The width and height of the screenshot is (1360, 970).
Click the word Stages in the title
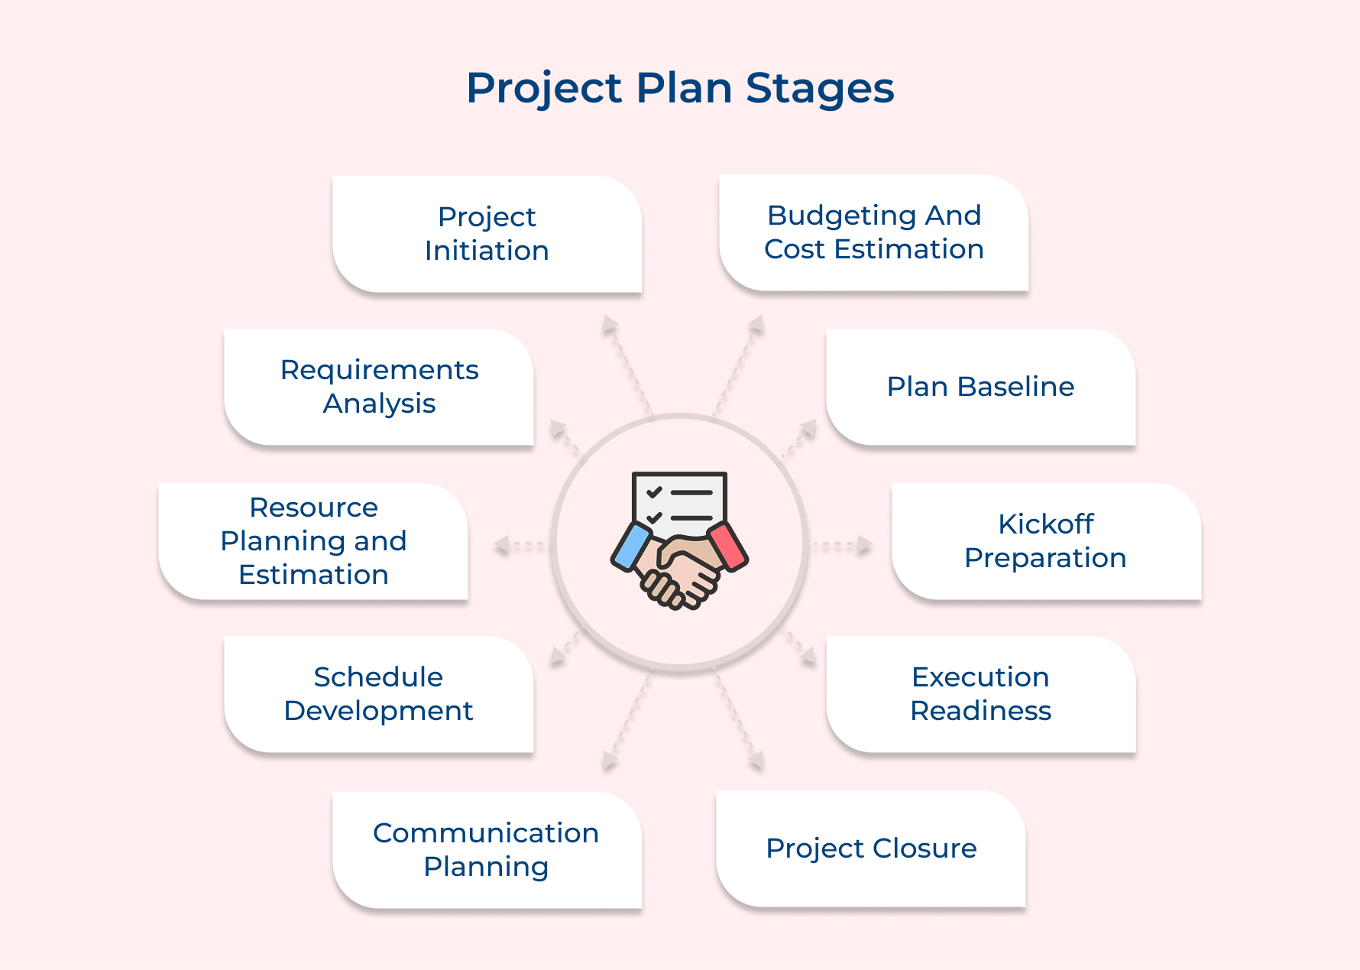pyautogui.click(x=820, y=89)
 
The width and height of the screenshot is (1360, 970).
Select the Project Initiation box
pyautogui.click(x=487, y=234)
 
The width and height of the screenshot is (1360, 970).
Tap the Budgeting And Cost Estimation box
pyautogui.click(x=874, y=232)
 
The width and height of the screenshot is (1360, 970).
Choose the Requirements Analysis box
pyautogui.click(x=379, y=387)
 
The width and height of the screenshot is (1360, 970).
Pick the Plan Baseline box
pyautogui.click(x=981, y=387)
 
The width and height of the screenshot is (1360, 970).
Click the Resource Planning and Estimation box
pyautogui.click(x=313, y=541)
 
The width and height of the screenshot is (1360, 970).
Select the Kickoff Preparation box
pyautogui.click(x=1047, y=541)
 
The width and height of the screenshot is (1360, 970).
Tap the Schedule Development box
pyautogui.click(x=379, y=694)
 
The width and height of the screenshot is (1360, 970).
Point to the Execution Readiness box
pyautogui.click(x=981, y=694)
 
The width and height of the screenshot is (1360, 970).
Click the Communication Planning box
pyautogui.click(x=487, y=850)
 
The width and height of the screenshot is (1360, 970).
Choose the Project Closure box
pyautogui.click(x=871, y=848)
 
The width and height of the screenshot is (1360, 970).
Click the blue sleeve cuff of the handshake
pyautogui.click(x=630, y=547)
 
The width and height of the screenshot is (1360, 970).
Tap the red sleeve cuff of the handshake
pyautogui.click(x=728, y=546)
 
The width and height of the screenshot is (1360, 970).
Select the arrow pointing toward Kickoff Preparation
pyautogui.click(x=842, y=545)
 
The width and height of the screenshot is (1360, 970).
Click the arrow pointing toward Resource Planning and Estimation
pyautogui.click(x=520, y=546)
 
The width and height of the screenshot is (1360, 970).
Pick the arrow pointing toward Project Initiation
pyautogui.click(x=627, y=364)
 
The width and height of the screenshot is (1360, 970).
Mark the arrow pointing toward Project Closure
pyautogui.click(x=740, y=722)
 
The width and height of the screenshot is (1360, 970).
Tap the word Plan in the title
pyautogui.click(x=685, y=88)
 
